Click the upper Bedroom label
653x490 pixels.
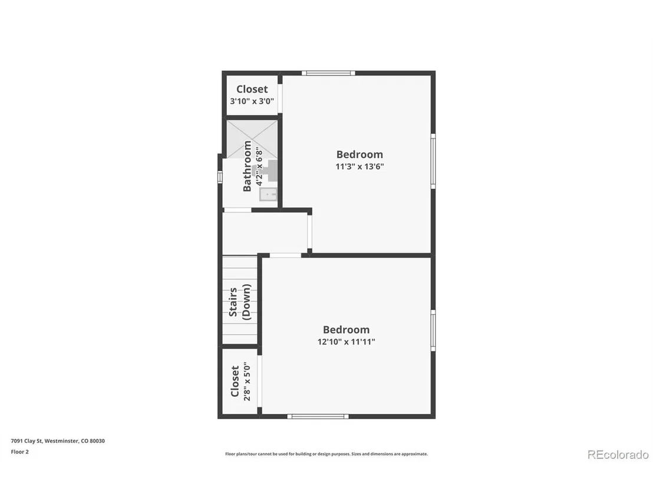[x=360, y=154]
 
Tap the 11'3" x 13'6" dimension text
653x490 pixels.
[x=360, y=167]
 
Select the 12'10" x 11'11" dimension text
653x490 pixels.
[x=346, y=342]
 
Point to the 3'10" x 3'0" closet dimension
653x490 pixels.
[x=252, y=101]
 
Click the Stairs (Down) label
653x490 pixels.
[x=240, y=302]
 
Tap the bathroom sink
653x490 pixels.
[x=268, y=194]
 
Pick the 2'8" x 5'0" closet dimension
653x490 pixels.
[x=247, y=382]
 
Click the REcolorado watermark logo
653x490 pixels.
[x=618, y=455]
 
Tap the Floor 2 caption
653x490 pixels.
[x=19, y=452]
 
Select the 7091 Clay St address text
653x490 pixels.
[x=58, y=441]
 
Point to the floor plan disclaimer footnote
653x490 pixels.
[x=326, y=454]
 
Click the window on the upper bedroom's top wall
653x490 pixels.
[x=329, y=73]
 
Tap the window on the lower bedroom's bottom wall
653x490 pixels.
[x=318, y=416]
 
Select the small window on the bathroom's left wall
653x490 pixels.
[x=220, y=177]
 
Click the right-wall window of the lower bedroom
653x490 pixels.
[x=433, y=331]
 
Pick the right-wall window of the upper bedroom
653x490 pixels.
[x=433, y=161]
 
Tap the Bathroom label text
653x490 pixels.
[x=247, y=166]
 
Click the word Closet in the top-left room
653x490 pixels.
[x=252, y=89]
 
